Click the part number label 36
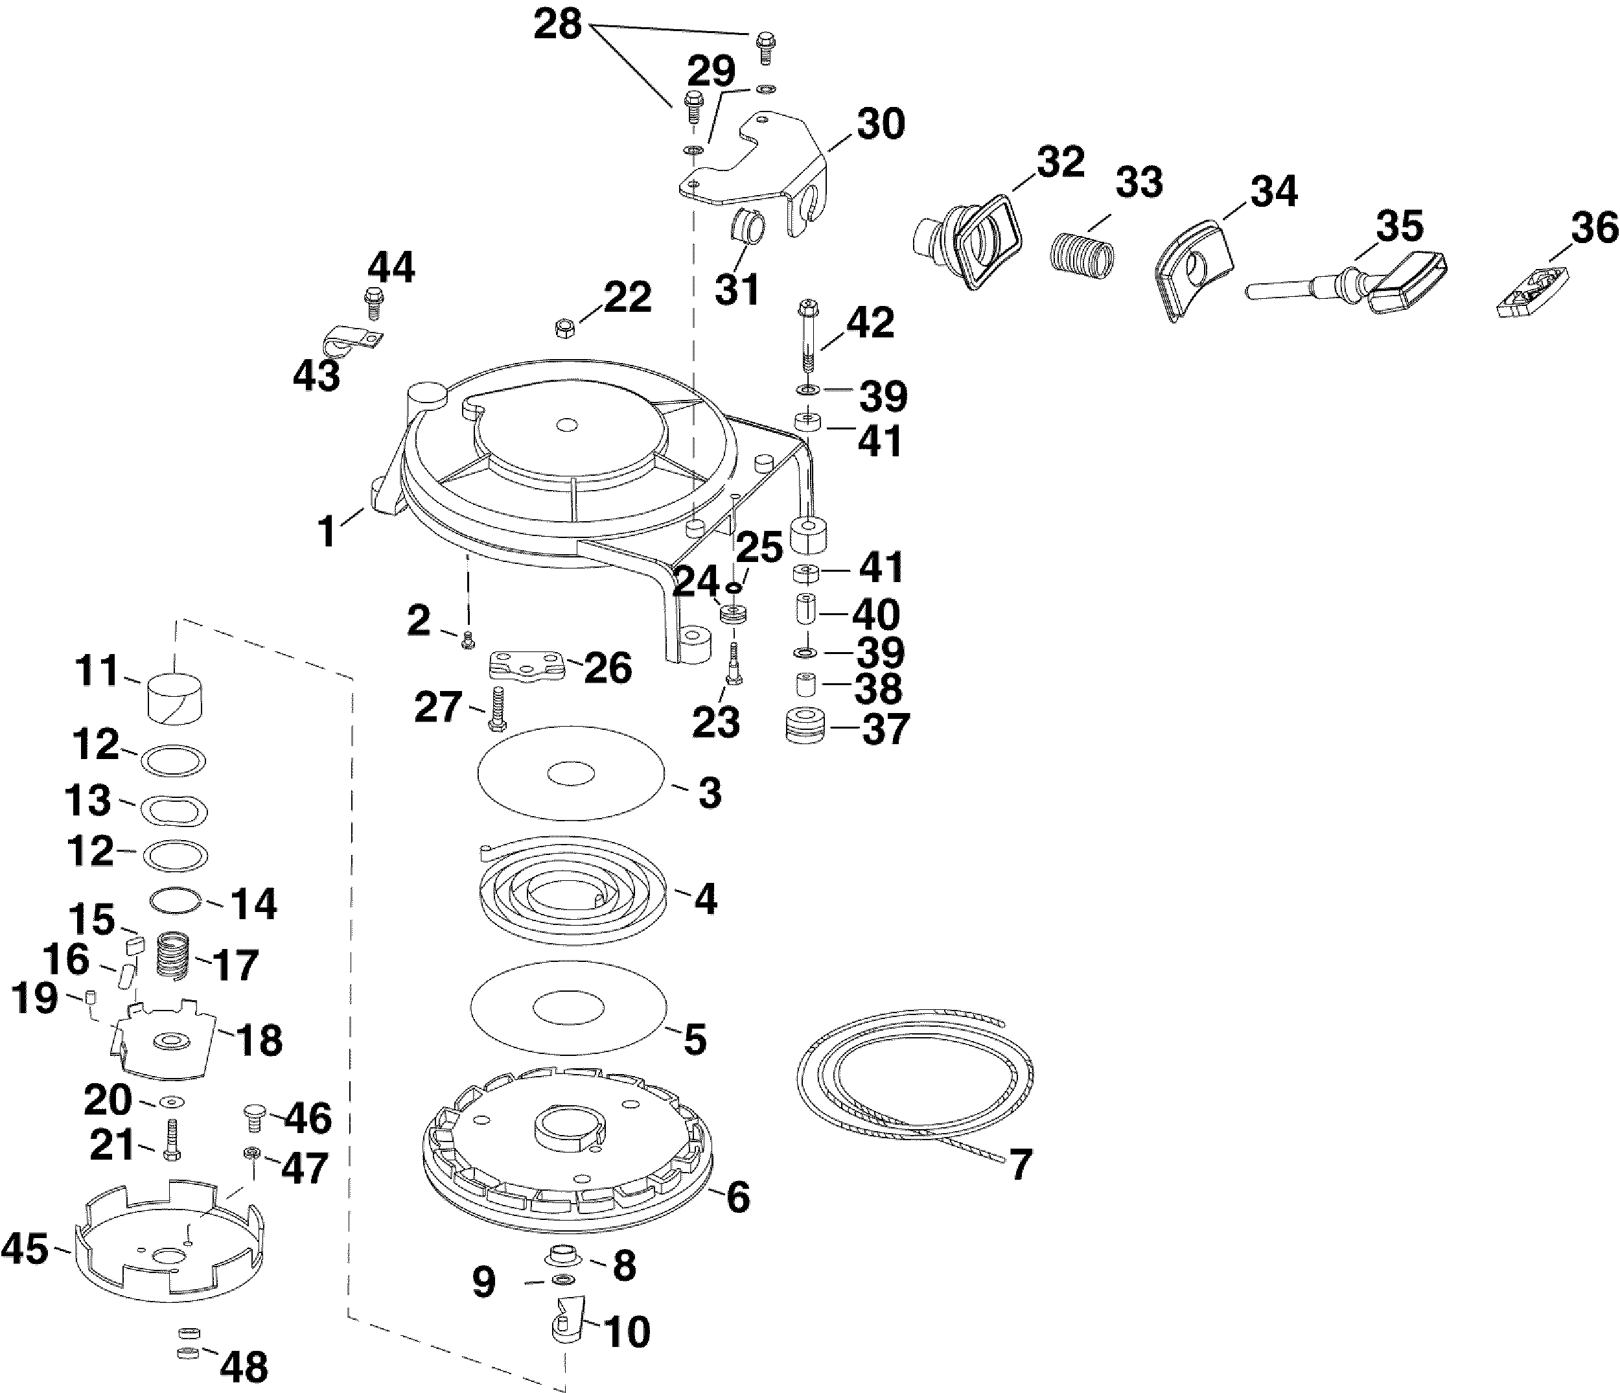[1594, 228]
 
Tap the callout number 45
[25, 1249]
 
